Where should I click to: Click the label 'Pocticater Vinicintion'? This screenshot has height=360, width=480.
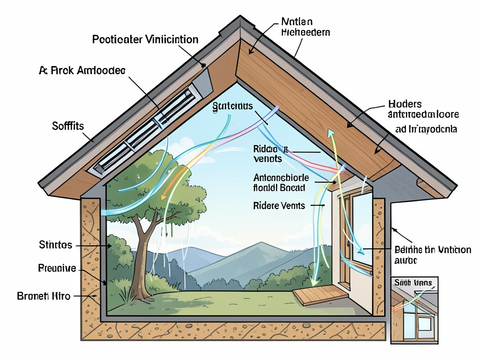pyautogui.click(x=145, y=39)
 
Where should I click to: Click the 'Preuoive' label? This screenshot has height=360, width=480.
pyautogui.click(x=56, y=269)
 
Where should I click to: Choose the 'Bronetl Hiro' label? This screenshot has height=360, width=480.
pyautogui.click(x=44, y=296)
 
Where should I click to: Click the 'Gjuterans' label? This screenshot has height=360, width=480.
pyautogui.click(x=232, y=106)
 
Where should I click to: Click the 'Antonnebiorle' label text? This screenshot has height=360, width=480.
pyautogui.click(x=281, y=178)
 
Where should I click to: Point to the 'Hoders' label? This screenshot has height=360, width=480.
pyautogui.click(x=405, y=104)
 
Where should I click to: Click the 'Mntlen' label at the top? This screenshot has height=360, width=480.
pyautogui.click(x=297, y=22)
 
